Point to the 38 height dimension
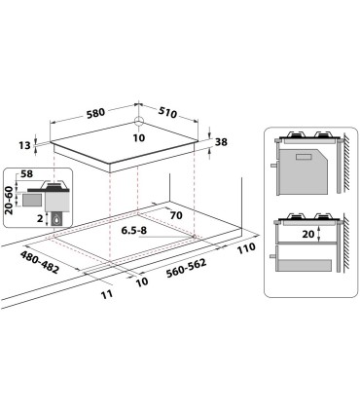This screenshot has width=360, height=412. [222, 142]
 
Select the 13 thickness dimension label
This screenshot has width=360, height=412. [24, 146]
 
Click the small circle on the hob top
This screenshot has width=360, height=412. [139, 123]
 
